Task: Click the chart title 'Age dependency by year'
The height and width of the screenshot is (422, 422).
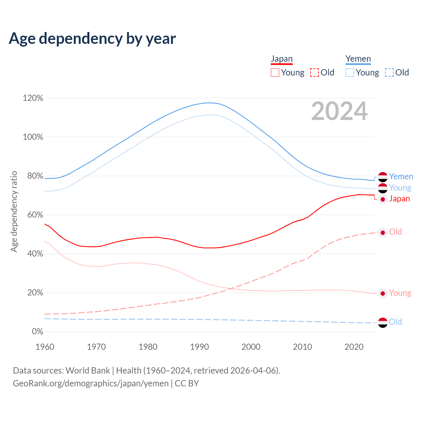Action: pos(92,38)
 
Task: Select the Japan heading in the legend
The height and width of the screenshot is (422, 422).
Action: pos(282,59)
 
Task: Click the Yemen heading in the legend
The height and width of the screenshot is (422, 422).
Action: pos(358,59)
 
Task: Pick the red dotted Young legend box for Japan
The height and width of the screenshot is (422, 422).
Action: pos(275,73)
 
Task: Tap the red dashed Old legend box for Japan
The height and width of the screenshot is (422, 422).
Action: pos(315,73)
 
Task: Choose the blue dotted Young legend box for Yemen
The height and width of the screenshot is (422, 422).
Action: pos(350,73)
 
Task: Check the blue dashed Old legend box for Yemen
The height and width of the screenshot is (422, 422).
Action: pos(389,73)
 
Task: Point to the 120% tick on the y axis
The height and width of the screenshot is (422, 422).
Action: pos(33,98)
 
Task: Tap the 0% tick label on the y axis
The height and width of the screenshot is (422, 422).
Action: pos(37,331)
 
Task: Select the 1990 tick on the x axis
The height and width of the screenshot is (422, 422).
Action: pos(199,347)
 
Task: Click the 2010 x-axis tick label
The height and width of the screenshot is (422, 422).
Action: pos(303,347)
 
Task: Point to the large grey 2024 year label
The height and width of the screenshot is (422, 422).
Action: pos(339,111)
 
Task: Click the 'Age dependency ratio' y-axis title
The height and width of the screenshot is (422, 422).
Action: pos(14,211)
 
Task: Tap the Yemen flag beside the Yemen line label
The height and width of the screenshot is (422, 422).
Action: pos(382,177)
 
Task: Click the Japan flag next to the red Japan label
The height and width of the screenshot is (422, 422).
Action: pos(382,199)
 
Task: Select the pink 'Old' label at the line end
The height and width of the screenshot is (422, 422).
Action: pos(395,232)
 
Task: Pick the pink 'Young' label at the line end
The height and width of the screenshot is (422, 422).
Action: pos(400,293)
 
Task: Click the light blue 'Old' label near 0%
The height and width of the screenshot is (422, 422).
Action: pos(395,322)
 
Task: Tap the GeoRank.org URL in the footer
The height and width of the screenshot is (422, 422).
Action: pos(91,383)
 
